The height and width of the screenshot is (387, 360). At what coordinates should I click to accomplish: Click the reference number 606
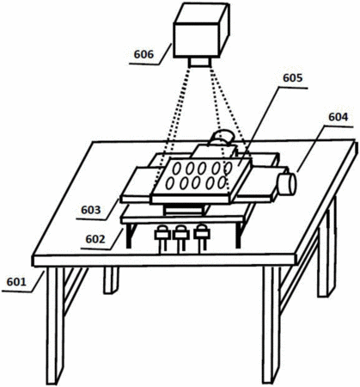(x=143, y=54)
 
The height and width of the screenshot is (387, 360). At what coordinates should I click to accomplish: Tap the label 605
(x=292, y=77)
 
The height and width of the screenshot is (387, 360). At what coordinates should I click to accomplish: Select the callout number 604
(x=339, y=117)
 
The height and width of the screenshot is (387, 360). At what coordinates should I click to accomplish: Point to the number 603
(x=91, y=210)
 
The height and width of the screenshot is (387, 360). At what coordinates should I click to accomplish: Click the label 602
(x=95, y=239)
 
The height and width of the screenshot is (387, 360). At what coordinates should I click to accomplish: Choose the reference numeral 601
(x=16, y=282)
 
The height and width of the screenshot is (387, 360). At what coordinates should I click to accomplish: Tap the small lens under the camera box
(x=199, y=63)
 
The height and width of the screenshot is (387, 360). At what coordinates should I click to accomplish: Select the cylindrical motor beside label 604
(x=286, y=184)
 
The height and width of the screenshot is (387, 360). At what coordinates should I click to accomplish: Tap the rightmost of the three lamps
(x=202, y=238)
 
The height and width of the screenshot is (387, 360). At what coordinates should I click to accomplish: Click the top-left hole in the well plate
(x=176, y=169)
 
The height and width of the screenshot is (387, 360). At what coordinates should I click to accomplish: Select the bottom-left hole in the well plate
(x=170, y=183)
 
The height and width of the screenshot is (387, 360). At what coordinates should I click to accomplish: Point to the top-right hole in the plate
(x=229, y=168)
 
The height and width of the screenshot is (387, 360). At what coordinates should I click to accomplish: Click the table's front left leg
(x=55, y=325)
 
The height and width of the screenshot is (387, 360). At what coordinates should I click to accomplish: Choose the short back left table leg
(x=111, y=280)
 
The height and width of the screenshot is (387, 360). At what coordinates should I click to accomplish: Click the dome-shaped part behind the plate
(x=223, y=137)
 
